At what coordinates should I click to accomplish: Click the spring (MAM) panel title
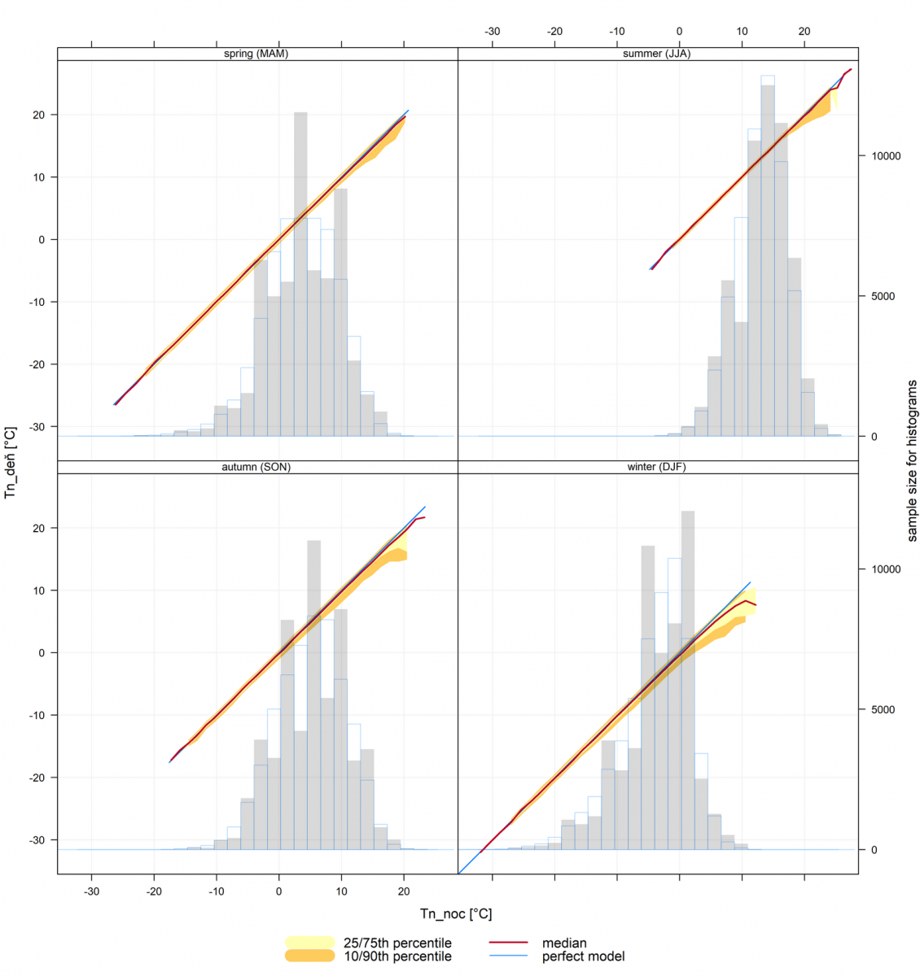(x=256, y=54)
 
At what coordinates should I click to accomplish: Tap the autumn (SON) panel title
(x=256, y=468)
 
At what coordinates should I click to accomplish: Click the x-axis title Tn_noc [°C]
(x=456, y=914)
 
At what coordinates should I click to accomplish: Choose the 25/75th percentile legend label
(x=397, y=943)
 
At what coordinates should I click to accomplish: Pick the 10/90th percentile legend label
(x=397, y=956)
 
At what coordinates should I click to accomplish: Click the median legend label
(x=564, y=943)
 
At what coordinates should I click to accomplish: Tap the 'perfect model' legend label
(x=583, y=956)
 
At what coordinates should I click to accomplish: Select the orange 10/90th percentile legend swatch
(x=309, y=956)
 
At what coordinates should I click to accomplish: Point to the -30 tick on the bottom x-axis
(x=92, y=891)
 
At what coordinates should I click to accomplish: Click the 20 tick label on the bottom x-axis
(x=404, y=891)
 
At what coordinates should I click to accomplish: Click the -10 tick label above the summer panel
(x=617, y=32)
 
